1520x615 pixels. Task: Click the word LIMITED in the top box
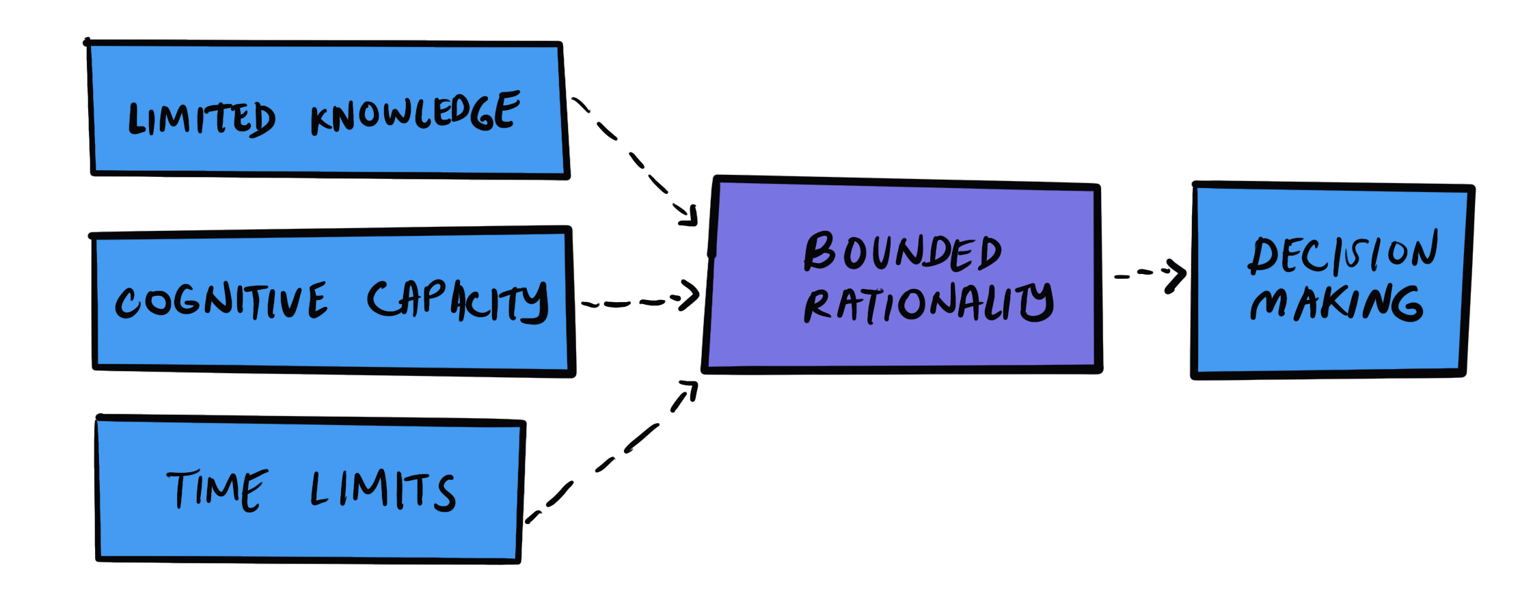(202, 120)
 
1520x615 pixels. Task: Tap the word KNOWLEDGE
(415, 113)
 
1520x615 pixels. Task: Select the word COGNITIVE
(221, 301)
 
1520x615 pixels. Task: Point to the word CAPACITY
(457, 301)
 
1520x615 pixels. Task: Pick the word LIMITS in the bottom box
(383, 490)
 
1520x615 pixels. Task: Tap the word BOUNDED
(902, 252)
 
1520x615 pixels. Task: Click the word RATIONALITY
(928, 303)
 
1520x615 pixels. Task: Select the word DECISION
(1343, 254)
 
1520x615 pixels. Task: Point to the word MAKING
(1336, 303)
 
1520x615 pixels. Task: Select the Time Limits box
(308, 533)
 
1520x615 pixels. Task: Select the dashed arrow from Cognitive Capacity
(636, 302)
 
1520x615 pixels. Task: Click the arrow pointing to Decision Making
(1148, 274)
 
